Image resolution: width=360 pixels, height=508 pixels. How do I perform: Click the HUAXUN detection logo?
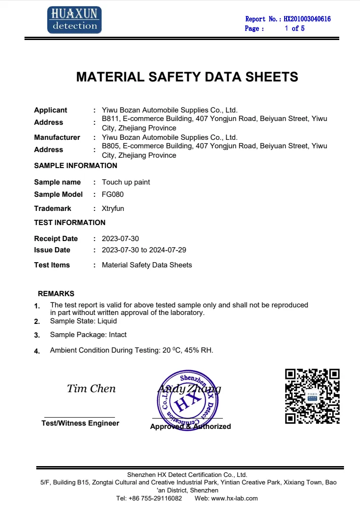tap(74, 20)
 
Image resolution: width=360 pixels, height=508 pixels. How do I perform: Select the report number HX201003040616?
tap(307, 19)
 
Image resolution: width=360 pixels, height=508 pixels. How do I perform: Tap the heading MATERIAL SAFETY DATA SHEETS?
tap(187, 77)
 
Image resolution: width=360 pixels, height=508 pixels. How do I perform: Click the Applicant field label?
tap(50, 110)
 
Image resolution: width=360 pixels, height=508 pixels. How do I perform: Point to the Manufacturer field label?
tap(57, 137)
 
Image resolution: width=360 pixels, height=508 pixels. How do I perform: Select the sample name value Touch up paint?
tap(126, 182)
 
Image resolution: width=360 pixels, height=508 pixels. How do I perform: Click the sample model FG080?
tap(113, 194)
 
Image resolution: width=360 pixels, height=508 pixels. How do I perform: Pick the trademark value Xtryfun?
tap(113, 209)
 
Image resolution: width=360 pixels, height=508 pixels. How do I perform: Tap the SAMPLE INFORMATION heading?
tap(75, 166)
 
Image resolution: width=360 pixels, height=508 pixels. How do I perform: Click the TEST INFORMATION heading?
tap(70, 223)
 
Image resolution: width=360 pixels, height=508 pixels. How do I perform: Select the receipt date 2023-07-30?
tap(120, 239)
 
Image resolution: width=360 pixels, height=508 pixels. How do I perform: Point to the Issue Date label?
tap(52, 250)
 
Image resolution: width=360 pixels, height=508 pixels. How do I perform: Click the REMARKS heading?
tap(56, 294)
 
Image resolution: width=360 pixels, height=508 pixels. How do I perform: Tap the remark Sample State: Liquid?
tap(83, 321)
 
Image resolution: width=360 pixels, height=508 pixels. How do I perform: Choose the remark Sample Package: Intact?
tap(88, 335)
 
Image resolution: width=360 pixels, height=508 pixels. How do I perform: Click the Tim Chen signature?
tap(91, 389)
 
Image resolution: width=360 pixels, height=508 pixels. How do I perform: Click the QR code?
tap(313, 395)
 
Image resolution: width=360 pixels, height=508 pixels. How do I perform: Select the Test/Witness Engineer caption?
tap(80, 423)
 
